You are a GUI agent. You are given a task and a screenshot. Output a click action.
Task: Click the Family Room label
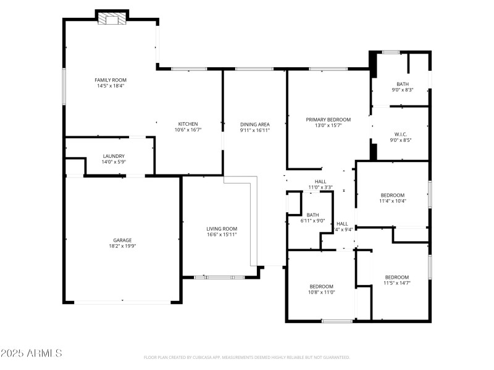click(x=111, y=80)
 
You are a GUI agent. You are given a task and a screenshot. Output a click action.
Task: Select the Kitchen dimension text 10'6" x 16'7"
click(x=188, y=130)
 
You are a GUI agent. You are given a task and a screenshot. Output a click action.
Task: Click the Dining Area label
click(x=254, y=123)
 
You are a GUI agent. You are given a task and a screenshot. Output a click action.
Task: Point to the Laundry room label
click(x=114, y=156)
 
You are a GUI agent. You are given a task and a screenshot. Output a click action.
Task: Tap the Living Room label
click(x=222, y=229)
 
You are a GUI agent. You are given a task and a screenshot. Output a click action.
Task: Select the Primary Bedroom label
click(x=328, y=119)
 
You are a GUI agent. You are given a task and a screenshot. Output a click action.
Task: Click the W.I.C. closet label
click(x=400, y=134)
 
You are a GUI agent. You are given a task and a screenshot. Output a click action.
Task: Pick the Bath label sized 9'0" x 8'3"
click(x=403, y=84)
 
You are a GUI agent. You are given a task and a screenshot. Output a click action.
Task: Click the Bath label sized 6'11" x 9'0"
click(x=312, y=215)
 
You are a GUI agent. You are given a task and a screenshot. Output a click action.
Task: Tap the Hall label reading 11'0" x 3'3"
click(x=320, y=181)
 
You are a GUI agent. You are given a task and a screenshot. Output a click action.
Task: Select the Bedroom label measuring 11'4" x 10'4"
click(x=392, y=195)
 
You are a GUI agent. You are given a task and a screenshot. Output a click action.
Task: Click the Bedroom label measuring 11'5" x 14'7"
click(x=396, y=277)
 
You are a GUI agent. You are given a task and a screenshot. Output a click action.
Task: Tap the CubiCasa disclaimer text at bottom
click(x=246, y=357)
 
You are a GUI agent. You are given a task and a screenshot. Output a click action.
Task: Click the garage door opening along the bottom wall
click(x=122, y=302)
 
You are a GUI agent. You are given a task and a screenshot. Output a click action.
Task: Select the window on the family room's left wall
click(x=64, y=86)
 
